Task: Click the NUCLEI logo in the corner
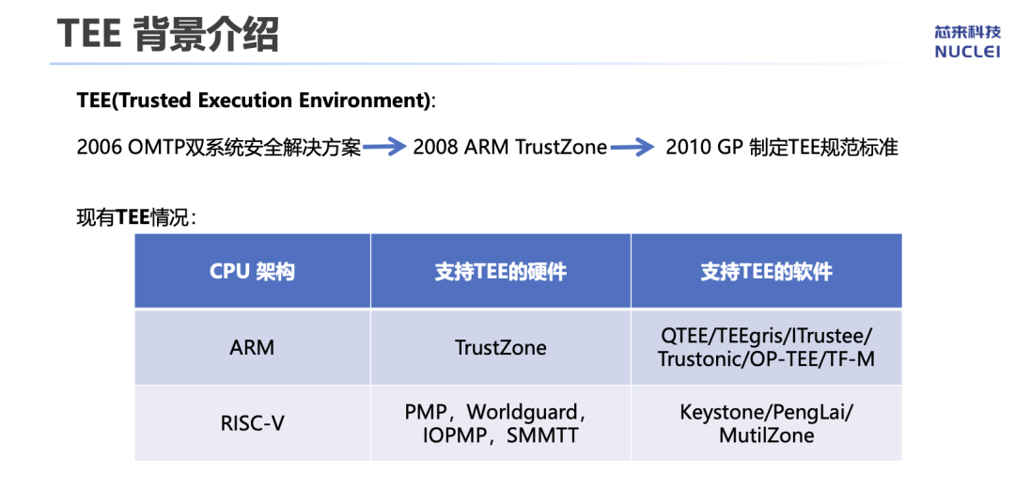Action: pos(967,42)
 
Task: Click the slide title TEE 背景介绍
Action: pos(167,34)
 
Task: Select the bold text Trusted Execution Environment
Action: pos(267,101)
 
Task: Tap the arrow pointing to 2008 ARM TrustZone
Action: pos(384,149)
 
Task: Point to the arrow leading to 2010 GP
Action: pos(632,149)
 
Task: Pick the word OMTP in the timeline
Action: pos(156,149)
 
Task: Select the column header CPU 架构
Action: pos(253,272)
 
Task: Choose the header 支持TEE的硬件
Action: pos(500,272)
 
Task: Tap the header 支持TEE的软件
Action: pos(767,272)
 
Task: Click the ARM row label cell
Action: pos(253,348)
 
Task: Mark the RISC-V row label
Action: pos(253,423)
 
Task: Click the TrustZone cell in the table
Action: pos(500,348)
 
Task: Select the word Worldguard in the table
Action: pos(522,412)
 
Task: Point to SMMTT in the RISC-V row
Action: pos(542,436)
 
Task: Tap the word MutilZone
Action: pos(767,436)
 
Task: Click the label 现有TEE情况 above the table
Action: pos(136,217)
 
